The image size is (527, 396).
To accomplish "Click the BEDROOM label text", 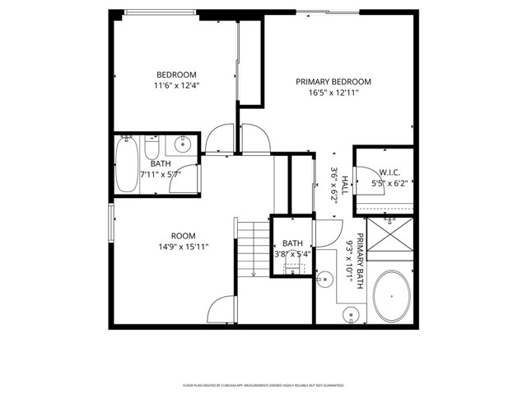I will pos(176,73).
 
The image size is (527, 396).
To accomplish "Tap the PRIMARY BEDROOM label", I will pos(333,82).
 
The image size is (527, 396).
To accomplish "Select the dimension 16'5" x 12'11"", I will pos(333,93).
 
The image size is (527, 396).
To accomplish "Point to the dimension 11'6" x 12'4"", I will pos(176,85).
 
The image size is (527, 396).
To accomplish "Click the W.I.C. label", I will pos(389,172).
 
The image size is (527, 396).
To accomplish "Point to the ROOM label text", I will pos(183,235).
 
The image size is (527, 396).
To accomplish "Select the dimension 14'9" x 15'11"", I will pos(183,247).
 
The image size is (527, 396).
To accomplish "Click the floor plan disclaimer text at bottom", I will pos(263,384).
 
